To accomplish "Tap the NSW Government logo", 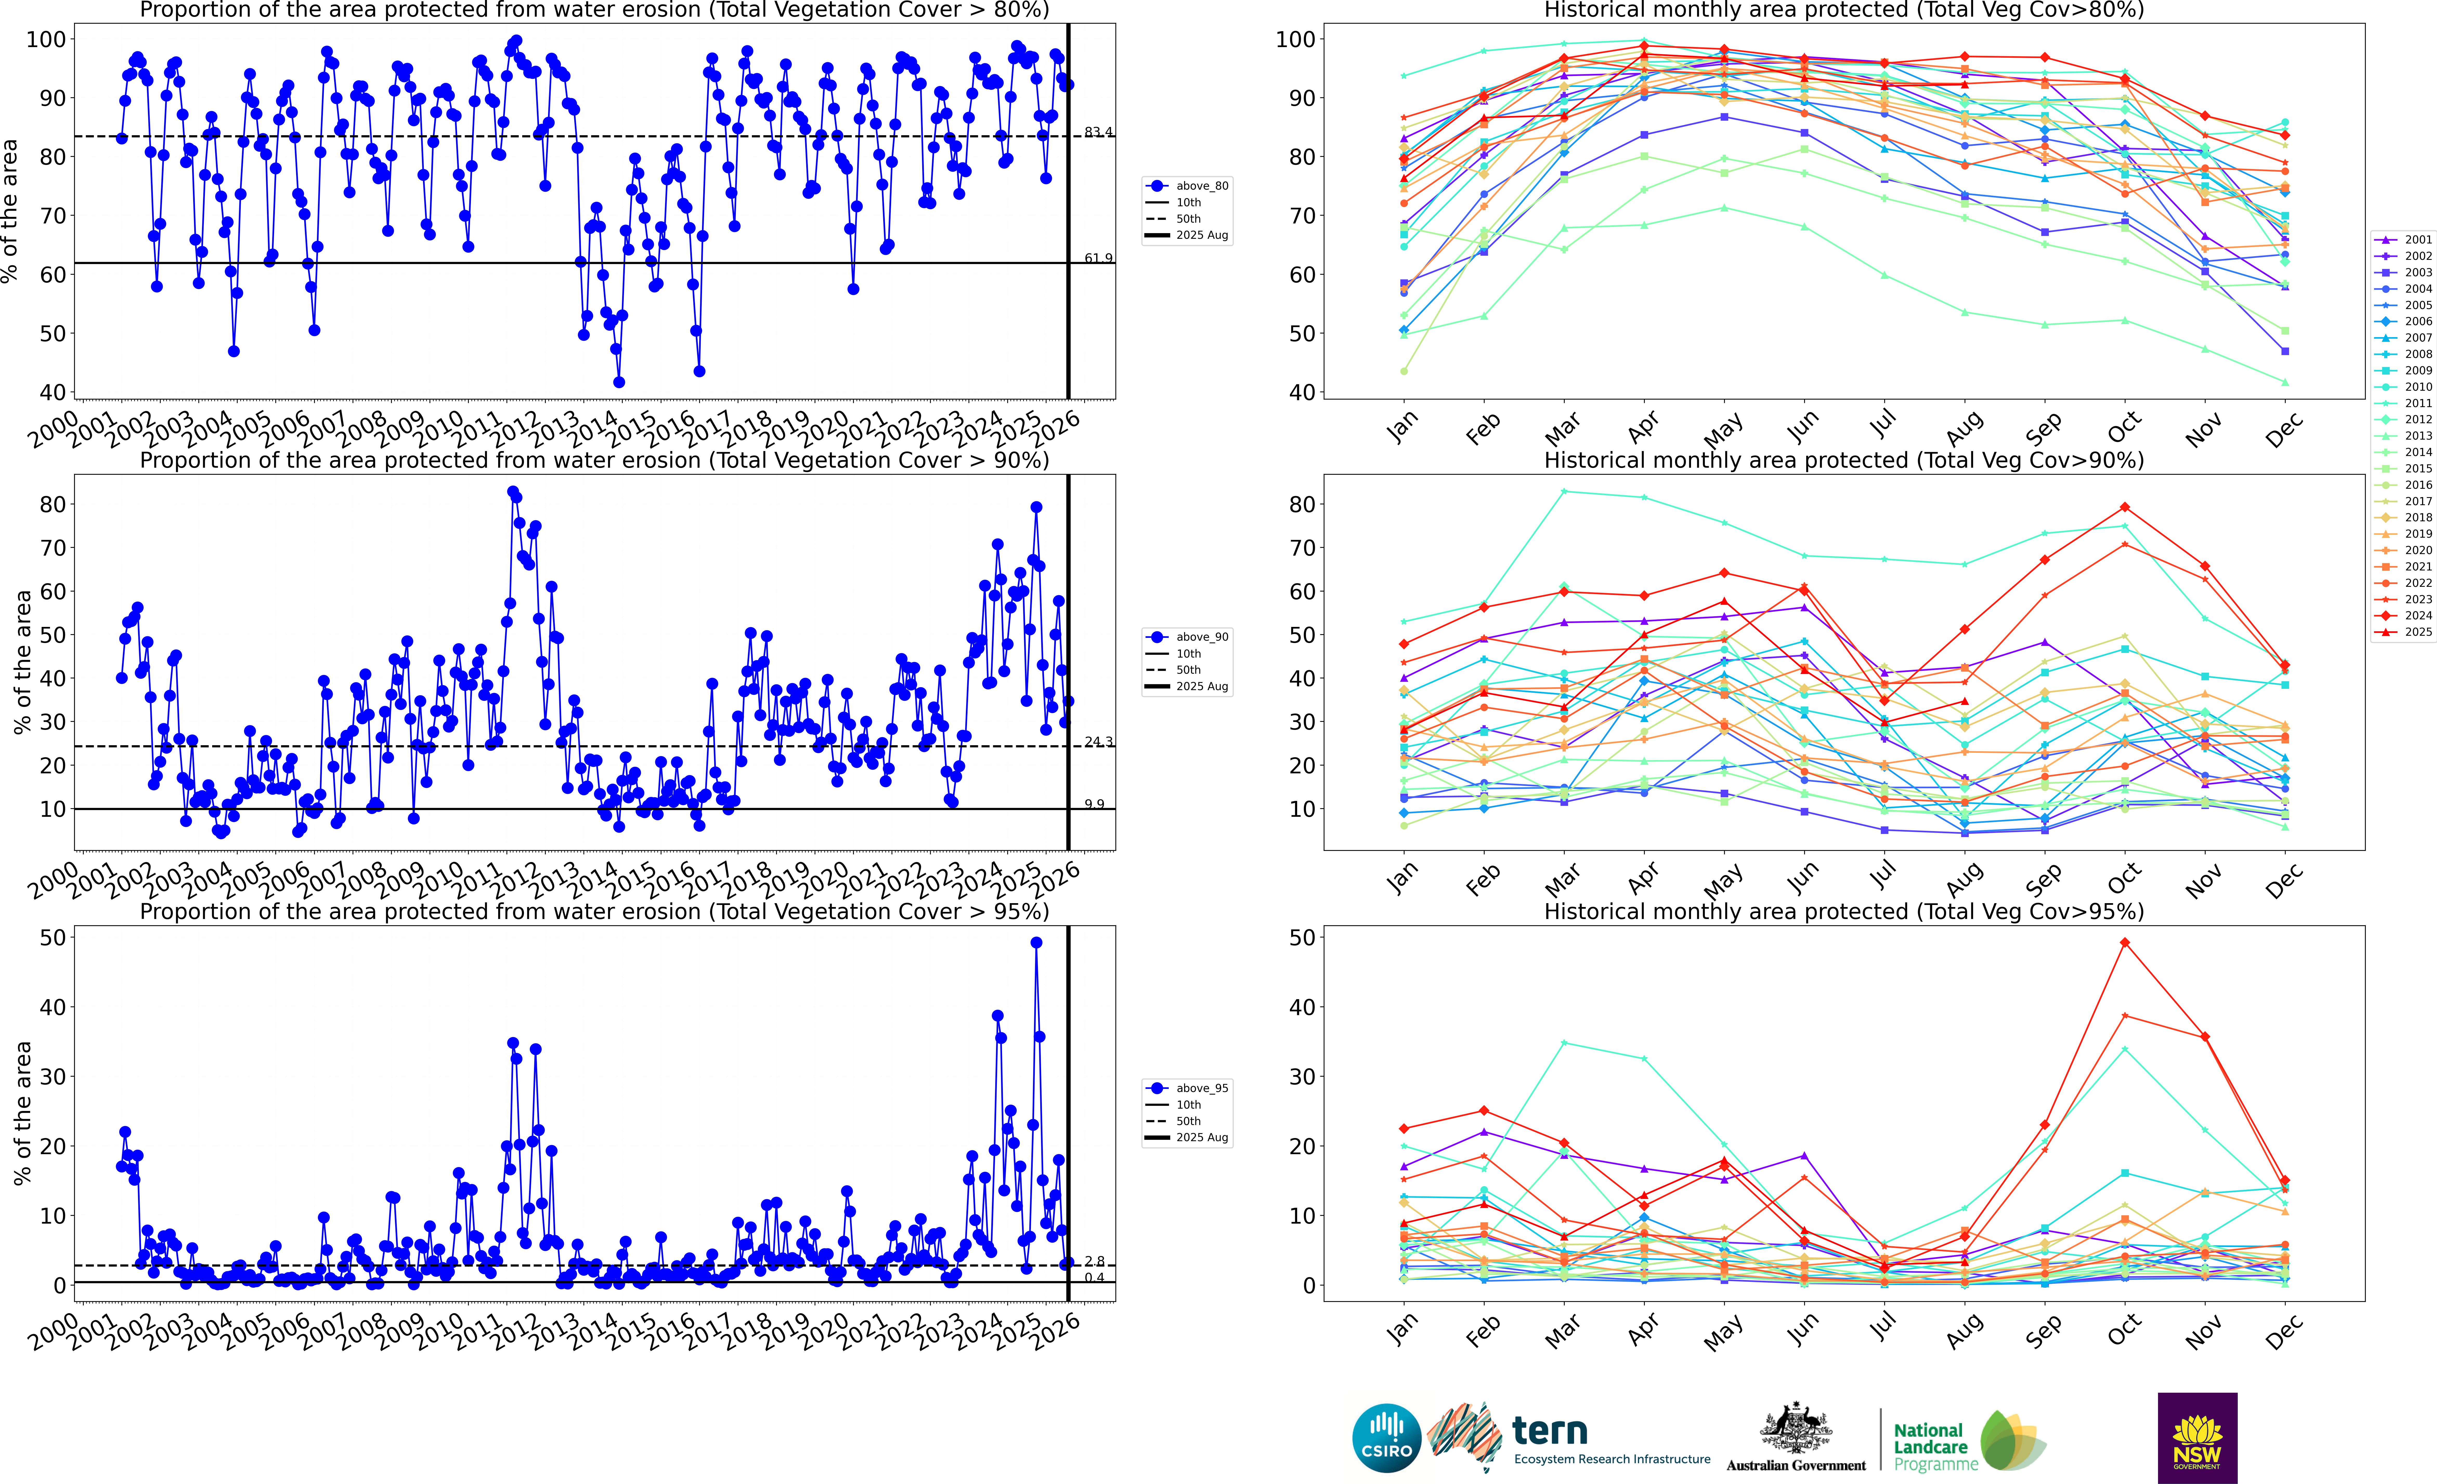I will click(x=2197, y=1437).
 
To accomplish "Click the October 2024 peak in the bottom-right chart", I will click(x=2124, y=943).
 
